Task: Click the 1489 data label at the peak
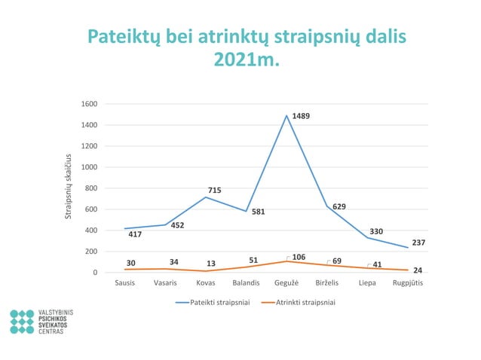[x=302, y=116]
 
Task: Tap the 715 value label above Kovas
[x=214, y=191]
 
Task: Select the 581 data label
[x=258, y=212]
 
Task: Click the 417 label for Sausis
[x=134, y=234]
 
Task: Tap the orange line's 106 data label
[x=299, y=258]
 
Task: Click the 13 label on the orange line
[x=211, y=264]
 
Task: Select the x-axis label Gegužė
[x=286, y=283]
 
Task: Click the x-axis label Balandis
[x=246, y=283]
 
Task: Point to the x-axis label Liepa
[x=367, y=283]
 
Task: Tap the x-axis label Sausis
[x=124, y=283]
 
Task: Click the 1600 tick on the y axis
[x=90, y=104]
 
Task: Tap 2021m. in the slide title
[x=247, y=59]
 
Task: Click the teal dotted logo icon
[x=22, y=322]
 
